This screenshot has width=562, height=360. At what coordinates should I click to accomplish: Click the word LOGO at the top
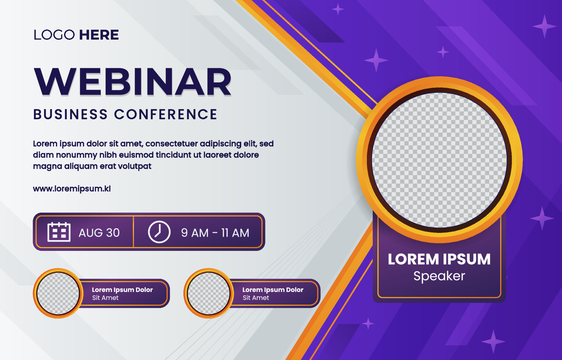(54, 35)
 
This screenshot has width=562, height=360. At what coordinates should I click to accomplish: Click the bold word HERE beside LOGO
(99, 35)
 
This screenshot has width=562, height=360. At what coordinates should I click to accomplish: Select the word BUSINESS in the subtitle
(71, 114)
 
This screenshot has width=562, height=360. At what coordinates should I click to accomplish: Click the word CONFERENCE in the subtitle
(166, 114)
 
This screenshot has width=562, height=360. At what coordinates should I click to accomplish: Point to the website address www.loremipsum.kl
(72, 189)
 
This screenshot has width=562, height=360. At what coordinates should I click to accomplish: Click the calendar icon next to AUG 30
(59, 232)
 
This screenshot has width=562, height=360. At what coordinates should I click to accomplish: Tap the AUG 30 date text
(99, 233)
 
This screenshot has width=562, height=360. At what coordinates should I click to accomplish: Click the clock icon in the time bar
(159, 232)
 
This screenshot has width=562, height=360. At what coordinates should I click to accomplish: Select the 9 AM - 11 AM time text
(215, 233)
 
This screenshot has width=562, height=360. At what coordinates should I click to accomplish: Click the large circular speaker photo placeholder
(439, 160)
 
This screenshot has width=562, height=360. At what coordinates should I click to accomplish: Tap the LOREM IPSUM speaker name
(439, 259)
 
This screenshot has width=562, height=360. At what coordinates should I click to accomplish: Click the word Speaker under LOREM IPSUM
(439, 276)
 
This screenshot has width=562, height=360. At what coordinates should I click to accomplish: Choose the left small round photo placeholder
(58, 293)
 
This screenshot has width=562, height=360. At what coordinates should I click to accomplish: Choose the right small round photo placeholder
(209, 293)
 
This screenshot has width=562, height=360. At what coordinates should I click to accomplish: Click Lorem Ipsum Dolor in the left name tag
(122, 290)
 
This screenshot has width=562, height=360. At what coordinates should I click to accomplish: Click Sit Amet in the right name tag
(256, 298)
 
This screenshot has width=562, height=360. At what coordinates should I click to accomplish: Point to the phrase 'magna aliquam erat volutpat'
(92, 166)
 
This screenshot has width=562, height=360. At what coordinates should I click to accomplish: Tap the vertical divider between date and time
(133, 232)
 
